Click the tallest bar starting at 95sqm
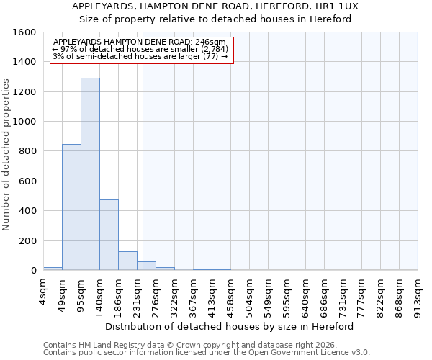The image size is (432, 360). pyautogui.click(x=90, y=174)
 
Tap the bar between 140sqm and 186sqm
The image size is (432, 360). pyautogui.click(x=109, y=235)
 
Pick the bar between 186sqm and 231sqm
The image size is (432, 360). pyautogui.click(x=127, y=261)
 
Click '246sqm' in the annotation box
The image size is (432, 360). pyautogui.click(x=212, y=42)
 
